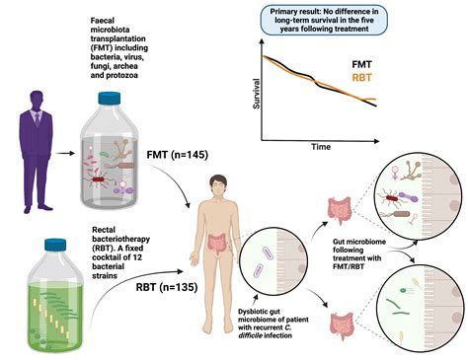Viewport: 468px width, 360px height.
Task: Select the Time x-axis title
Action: click(320, 146)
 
